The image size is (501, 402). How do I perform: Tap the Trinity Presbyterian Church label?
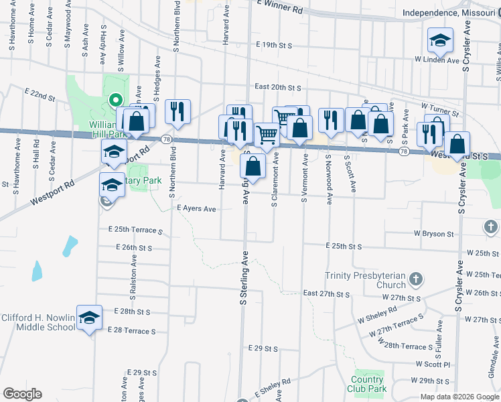(x=365, y=280)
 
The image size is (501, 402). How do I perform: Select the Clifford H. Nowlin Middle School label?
(x=38, y=322)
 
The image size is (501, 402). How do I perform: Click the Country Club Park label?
(x=367, y=384)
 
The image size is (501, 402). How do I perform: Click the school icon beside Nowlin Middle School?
(x=89, y=318)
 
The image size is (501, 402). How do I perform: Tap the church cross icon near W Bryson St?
(x=492, y=226)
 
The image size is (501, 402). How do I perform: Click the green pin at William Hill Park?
(x=115, y=100)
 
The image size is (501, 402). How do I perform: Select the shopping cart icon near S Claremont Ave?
(x=267, y=134)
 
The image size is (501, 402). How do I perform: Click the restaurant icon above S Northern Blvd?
(x=177, y=111)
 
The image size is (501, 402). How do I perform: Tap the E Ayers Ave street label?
(x=196, y=209)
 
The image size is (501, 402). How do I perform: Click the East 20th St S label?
(x=278, y=87)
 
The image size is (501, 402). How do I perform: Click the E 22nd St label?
(x=40, y=94)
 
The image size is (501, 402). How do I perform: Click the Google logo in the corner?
(x=22, y=394)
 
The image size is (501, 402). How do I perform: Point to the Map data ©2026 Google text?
(x=459, y=397)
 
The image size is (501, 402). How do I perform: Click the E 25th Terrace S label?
(x=135, y=230)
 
